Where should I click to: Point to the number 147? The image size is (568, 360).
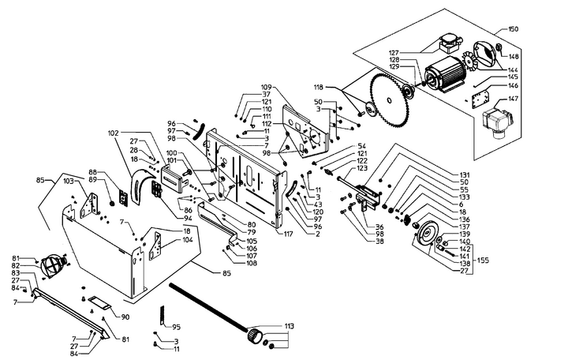click(x=514, y=99)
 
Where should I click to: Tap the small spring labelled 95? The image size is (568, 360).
click(x=163, y=315)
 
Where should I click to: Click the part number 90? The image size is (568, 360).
click(x=125, y=317)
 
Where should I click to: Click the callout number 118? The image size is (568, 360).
click(x=319, y=88)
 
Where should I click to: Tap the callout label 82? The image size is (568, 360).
click(x=16, y=266)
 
